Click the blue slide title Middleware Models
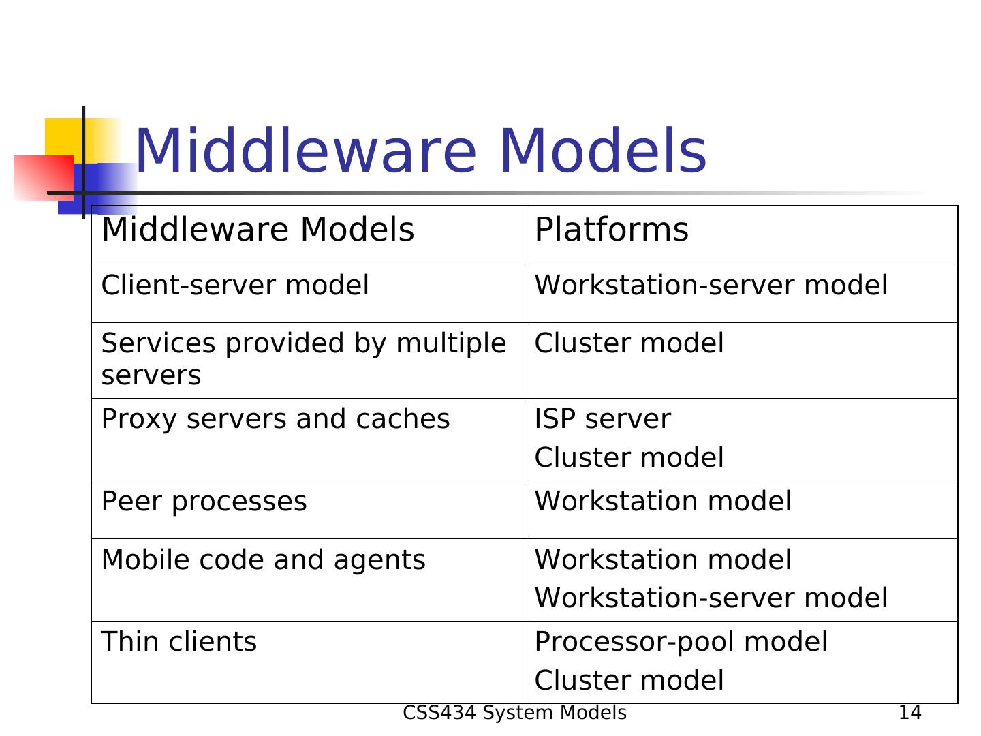pyautogui.click(x=420, y=151)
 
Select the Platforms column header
pyautogui.click(x=611, y=230)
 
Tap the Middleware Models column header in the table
pyautogui.click(x=258, y=230)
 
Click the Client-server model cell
pyautogui.click(x=235, y=286)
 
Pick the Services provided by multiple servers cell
pyautogui.click(x=303, y=359)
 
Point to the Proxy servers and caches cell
pyautogui.click(x=275, y=419)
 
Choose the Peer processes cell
pyautogui.click(x=204, y=502)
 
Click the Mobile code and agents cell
pyautogui.click(x=263, y=560)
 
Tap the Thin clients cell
pyautogui.click(x=178, y=642)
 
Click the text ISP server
pyautogui.click(x=602, y=419)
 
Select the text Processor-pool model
pyautogui.click(x=681, y=642)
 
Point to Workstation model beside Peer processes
pyautogui.click(x=662, y=502)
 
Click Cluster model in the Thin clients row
pyautogui.click(x=629, y=681)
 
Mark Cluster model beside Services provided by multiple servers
pyautogui.click(x=629, y=343)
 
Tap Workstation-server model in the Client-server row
pyautogui.click(x=711, y=286)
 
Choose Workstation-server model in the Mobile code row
pyautogui.click(x=711, y=598)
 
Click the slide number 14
pyautogui.click(x=909, y=713)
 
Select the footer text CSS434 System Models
pyautogui.click(x=514, y=713)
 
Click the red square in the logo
pyautogui.click(x=42, y=177)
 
